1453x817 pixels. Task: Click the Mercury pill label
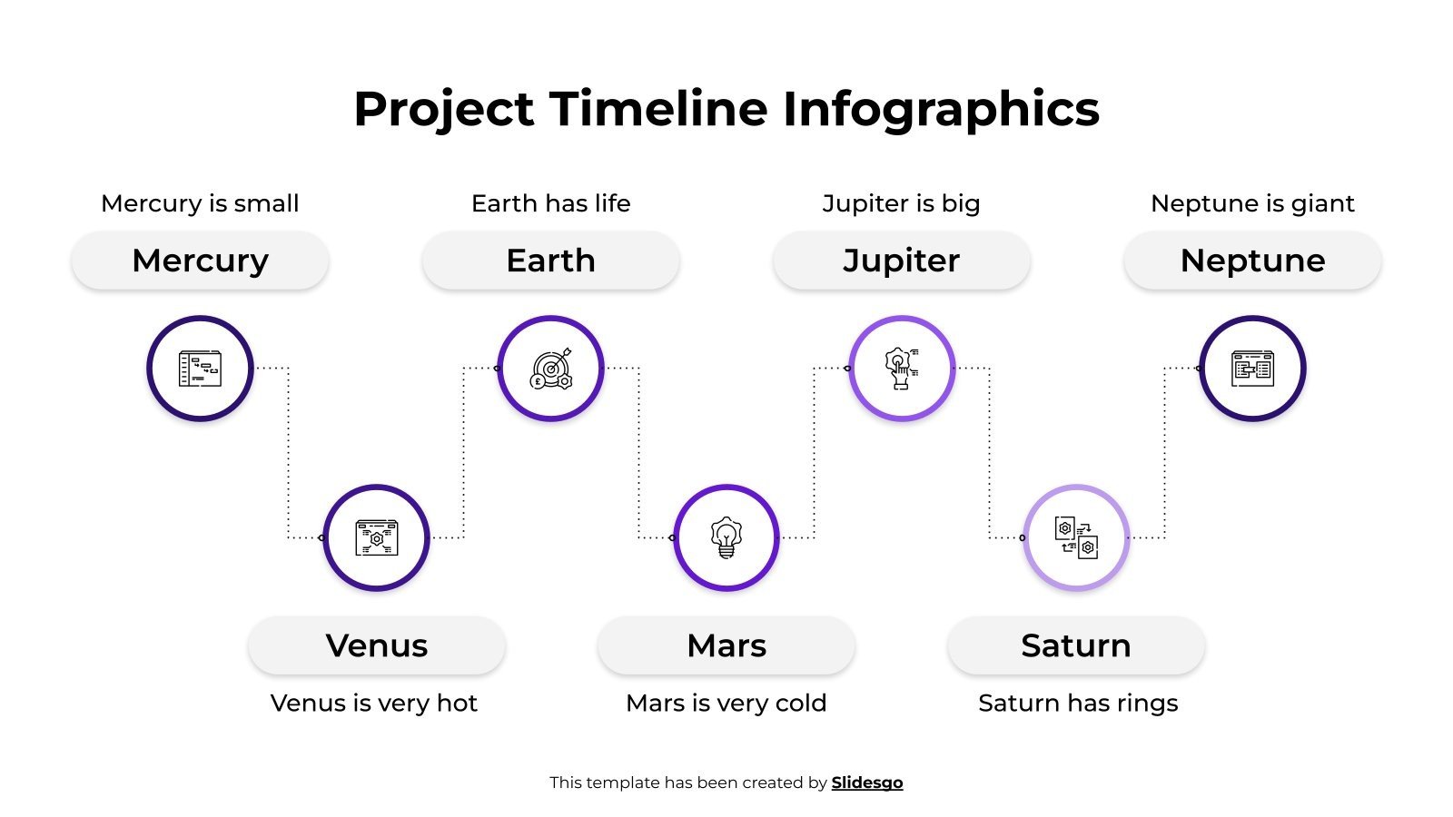[200, 261]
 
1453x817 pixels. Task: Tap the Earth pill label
[550, 261]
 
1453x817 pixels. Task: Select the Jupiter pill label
[901, 261]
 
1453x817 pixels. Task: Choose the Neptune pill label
[1252, 261]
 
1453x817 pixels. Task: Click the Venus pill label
[376, 645]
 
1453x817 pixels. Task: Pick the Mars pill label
[726, 645]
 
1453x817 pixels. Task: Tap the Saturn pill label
[1076, 645]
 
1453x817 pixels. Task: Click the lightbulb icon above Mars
[726, 537]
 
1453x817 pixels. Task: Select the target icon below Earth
[550, 369]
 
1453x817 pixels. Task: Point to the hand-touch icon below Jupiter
[901, 369]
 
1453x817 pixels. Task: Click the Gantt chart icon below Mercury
[200, 369]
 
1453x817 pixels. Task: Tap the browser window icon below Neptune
[1252, 369]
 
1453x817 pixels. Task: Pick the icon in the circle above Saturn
[1076, 537]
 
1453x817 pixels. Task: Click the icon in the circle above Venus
[376, 537]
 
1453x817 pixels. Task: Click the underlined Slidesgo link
[866, 783]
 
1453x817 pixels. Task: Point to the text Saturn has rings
[1078, 703]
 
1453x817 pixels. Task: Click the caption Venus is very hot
[373, 703]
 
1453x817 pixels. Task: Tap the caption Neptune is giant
[1252, 203]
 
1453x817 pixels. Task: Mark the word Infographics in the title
[941, 109]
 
